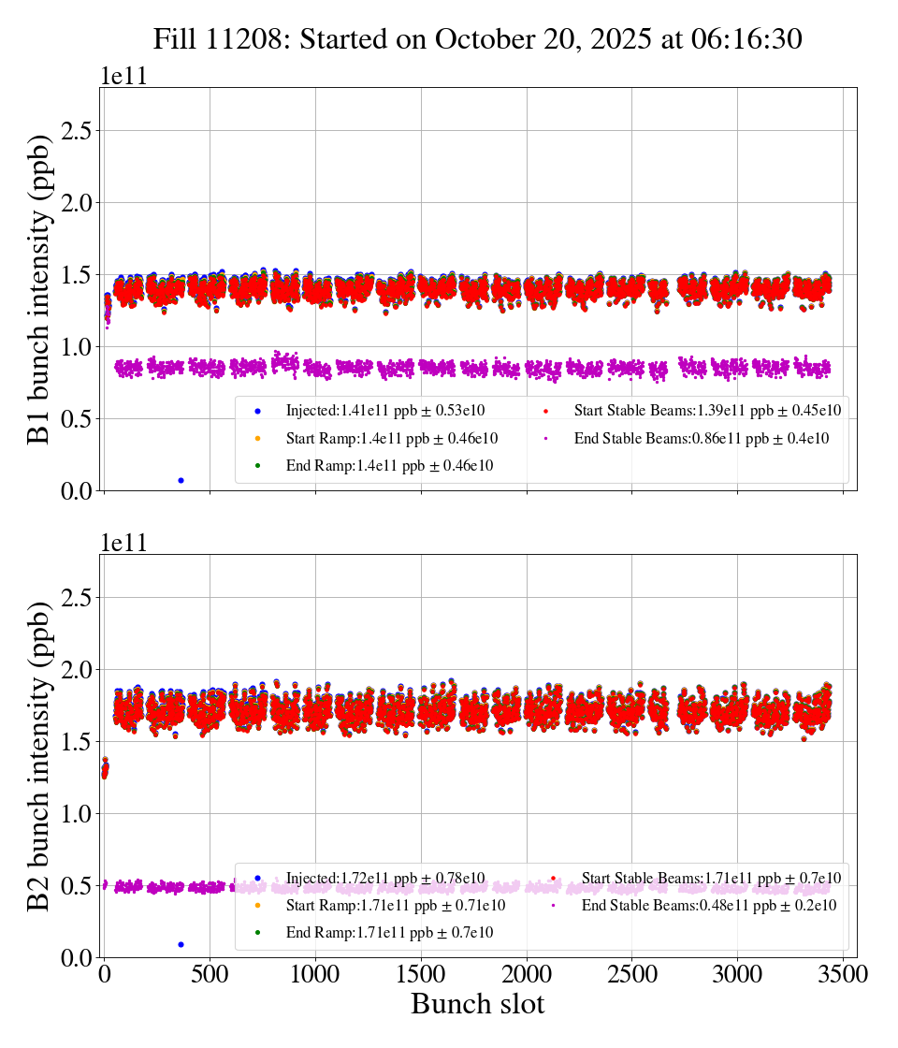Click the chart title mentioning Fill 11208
click(478, 39)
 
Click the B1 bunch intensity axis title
click(38, 289)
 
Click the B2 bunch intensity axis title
click(38, 756)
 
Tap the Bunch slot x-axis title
click(477, 1004)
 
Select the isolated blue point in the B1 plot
click(181, 480)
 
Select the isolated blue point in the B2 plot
click(181, 944)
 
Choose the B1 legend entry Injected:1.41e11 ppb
click(385, 410)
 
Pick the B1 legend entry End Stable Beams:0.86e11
click(701, 438)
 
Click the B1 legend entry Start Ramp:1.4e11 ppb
click(391, 438)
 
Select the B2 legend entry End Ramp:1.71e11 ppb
click(389, 933)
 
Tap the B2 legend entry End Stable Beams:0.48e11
click(708, 906)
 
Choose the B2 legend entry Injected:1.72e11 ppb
click(385, 878)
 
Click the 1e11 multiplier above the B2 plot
click(123, 544)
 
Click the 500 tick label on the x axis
click(210, 974)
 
